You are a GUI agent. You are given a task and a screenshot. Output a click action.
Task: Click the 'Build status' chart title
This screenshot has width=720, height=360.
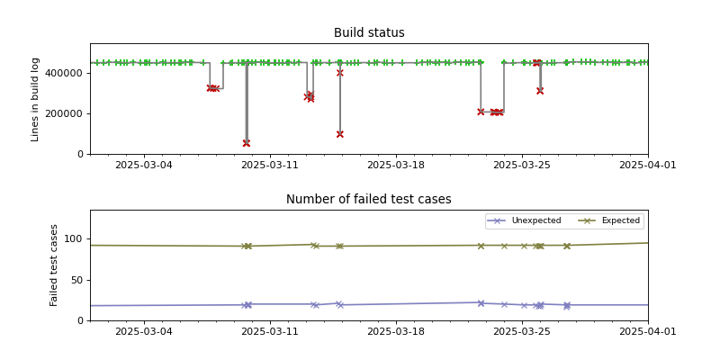click(369, 33)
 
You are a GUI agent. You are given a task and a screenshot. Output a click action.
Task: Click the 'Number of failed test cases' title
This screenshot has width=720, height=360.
click(369, 200)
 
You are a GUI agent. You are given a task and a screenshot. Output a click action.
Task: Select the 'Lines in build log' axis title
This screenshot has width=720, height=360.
click(36, 99)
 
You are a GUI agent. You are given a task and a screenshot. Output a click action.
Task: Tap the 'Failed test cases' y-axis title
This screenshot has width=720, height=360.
click(54, 265)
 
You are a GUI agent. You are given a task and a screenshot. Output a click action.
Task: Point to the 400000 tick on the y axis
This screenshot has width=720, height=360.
click(67, 73)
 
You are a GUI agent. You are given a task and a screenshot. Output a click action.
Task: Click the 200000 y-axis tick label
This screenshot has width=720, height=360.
click(67, 113)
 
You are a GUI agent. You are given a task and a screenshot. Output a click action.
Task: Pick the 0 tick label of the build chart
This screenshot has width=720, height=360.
click(80, 154)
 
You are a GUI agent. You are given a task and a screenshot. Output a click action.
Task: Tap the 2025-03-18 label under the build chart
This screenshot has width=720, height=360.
click(395, 166)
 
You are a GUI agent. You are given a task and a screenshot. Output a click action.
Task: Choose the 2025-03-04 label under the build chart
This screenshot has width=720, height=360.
click(143, 166)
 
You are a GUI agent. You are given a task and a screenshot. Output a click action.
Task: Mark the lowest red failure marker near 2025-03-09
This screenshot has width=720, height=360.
click(247, 143)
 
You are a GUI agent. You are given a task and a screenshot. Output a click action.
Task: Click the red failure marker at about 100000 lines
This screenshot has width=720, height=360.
click(340, 134)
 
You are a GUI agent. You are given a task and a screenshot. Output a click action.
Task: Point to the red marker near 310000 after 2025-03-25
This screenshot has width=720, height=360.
click(540, 91)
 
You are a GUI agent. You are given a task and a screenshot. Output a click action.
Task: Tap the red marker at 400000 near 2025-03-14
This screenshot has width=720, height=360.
click(340, 73)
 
